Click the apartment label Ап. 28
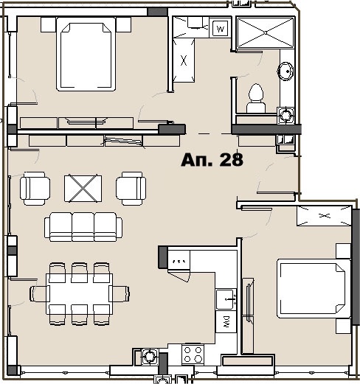[x=212, y=160]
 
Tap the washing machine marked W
[x=220, y=29]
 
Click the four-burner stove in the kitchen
[x=193, y=354]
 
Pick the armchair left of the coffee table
[x=36, y=188]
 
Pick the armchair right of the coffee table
[x=130, y=188]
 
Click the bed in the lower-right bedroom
[x=311, y=288]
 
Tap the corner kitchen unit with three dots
[x=178, y=261]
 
